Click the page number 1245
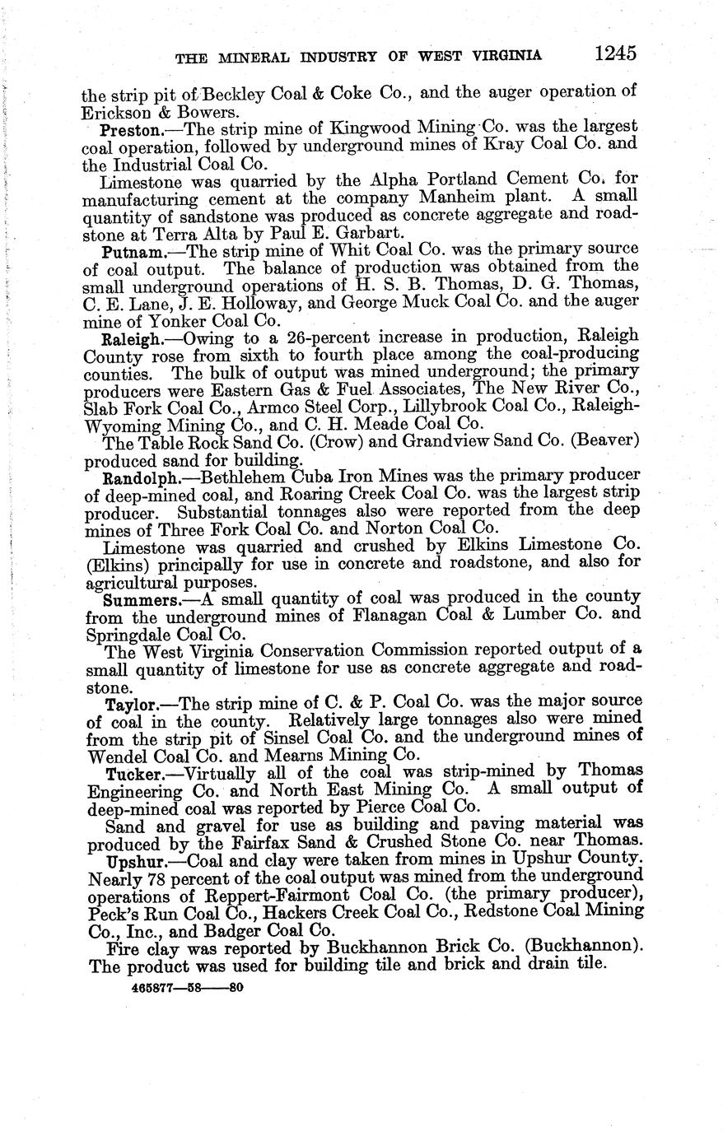coord(614,54)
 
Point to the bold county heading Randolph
coord(137,477)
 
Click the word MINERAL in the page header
coord(252,56)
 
